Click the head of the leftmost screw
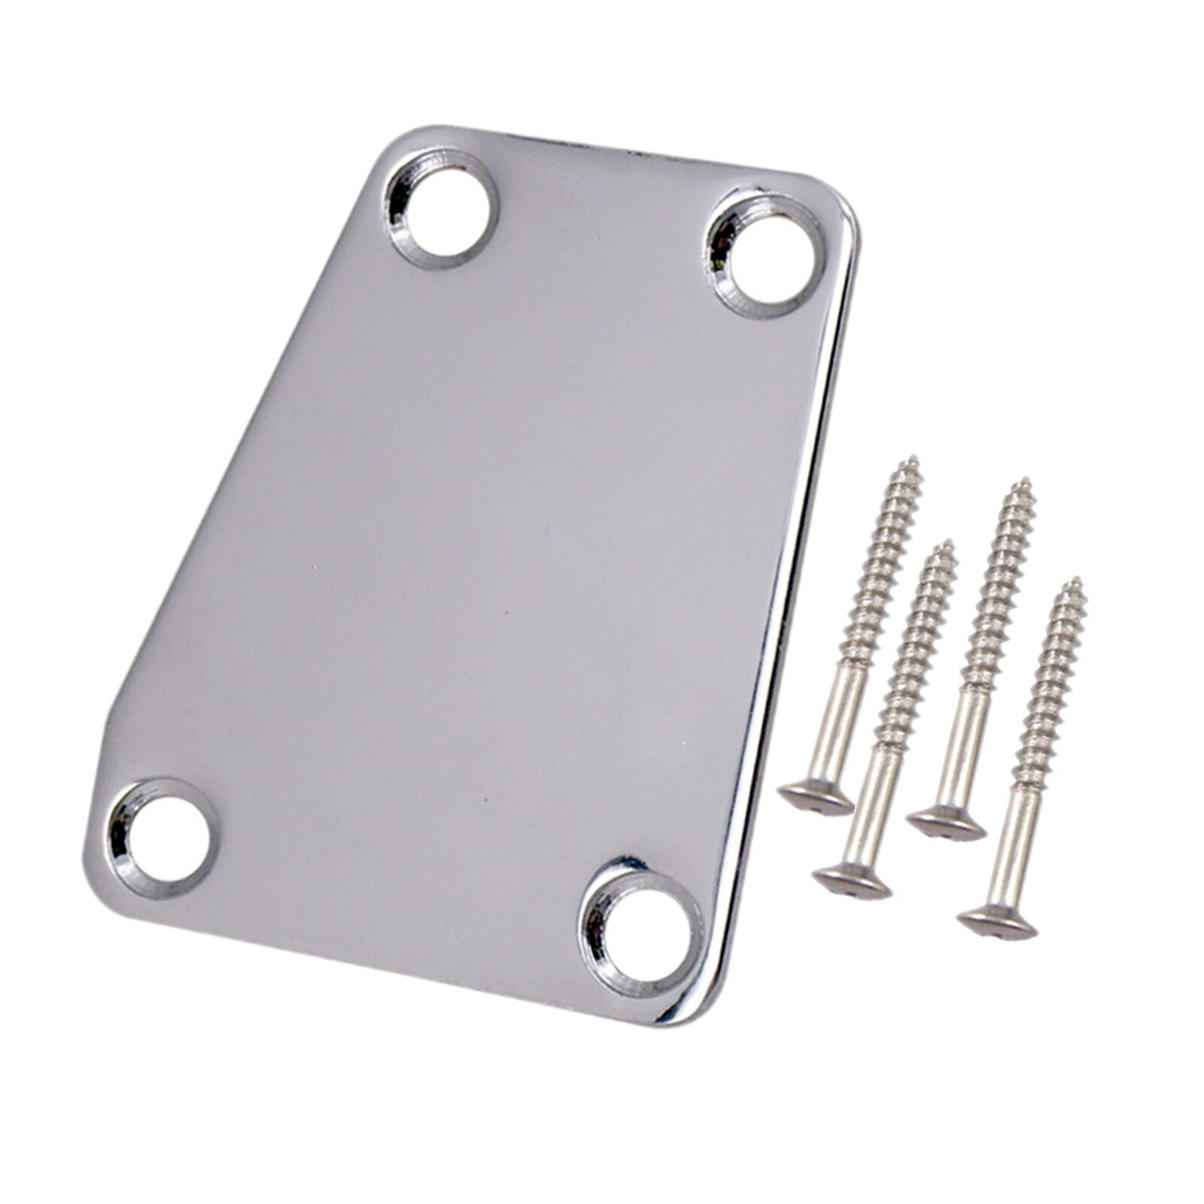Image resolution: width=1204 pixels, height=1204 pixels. click(815, 798)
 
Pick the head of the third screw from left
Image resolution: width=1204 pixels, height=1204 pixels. click(946, 823)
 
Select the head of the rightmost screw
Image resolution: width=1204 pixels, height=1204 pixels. click(997, 923)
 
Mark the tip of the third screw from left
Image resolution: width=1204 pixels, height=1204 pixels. click(1023, 481)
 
